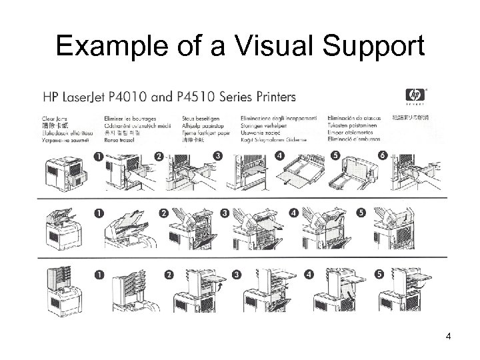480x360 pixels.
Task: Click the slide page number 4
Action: pyautogui.click(x=449, y=335)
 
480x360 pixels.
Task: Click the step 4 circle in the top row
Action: pyautogui.click(x=279, y=155)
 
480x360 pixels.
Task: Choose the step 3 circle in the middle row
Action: pyautogui.click(x=225, y=214)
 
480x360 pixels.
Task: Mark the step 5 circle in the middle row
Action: pyautogui.click(x=361, y=214)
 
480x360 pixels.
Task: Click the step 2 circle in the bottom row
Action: pyautogui.click(x=169, y=275)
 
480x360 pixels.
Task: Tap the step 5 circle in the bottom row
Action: pyautogui.click(x=378, y=275)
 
